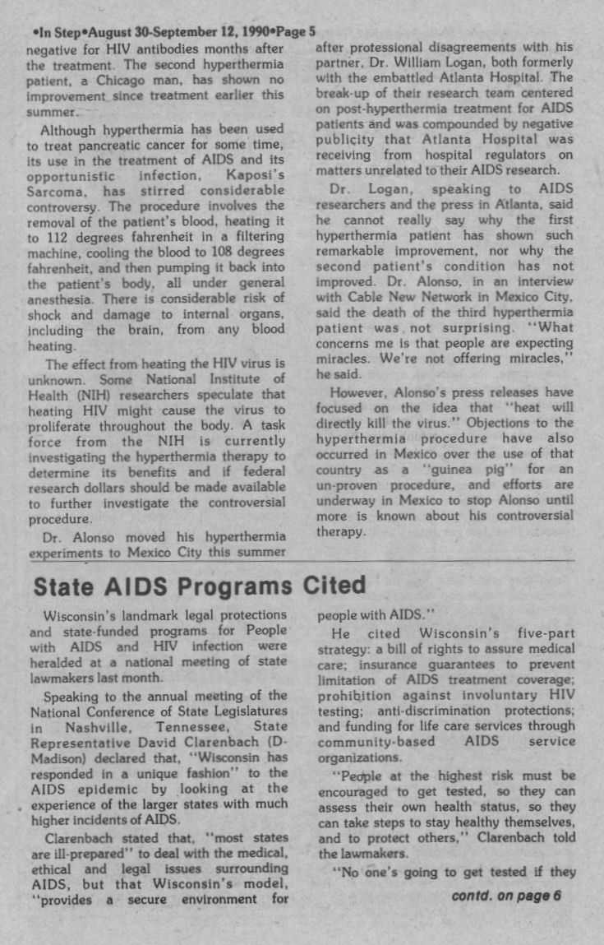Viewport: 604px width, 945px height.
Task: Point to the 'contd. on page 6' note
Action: (x=506, y=896)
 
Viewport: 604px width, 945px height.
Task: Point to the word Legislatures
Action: (x=247, y=711)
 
